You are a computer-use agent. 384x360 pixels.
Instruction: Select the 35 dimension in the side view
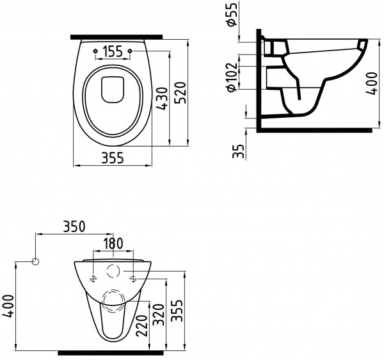[x=239, y=151]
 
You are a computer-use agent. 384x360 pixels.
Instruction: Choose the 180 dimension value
[x=114, y=243]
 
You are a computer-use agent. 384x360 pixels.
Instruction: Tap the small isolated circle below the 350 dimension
[x=36, y=262]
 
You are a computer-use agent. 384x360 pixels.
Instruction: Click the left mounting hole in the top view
[x=95, y=50]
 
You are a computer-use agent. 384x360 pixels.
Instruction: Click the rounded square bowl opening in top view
[x=113, y=90]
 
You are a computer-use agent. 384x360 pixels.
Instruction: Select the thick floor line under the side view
[x=314, y=129]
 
